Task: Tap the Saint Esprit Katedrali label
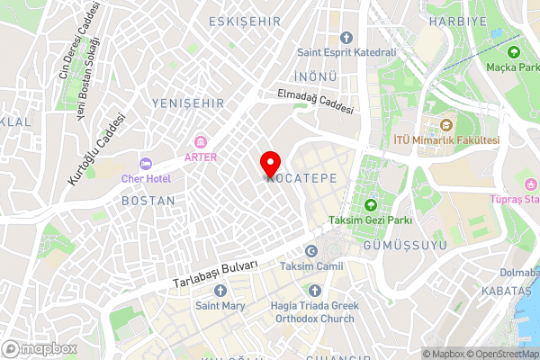coord(360,52)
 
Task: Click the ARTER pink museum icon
coord(200,141)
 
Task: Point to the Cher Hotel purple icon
coord(144,163)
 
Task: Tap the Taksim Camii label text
coord(311,266)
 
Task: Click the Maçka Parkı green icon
coord(514,53)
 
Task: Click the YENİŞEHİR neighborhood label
coord(188,104)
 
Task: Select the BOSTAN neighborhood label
coord(148,200)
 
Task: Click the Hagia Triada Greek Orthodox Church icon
coord(314,290)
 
